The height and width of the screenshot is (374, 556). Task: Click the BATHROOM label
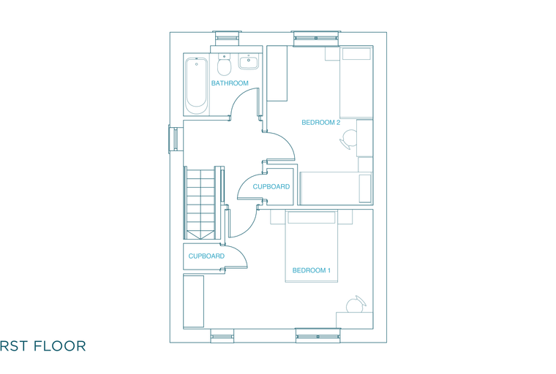click(x=230, y=83)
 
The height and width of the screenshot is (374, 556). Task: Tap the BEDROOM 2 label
click(x=321, y=123)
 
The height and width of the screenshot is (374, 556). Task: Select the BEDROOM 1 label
click(x=312, y=270)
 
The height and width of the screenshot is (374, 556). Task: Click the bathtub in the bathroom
click(x=197, y=85)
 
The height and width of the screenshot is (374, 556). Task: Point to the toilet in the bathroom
click(x=224, y=64)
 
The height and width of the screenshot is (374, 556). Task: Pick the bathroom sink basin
click(x=249, y=61)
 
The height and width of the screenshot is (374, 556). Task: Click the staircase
click(x=200, y=203)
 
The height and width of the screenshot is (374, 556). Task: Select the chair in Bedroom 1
click(x=356, y=305)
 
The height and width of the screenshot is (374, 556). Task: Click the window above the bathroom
click(x=227, y=37)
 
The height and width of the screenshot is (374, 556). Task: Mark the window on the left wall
click(x=174, y=140)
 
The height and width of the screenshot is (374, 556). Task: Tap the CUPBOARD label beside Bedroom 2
click(x=271, y=187)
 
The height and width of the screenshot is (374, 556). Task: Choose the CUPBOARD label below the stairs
click(x=206, y=256)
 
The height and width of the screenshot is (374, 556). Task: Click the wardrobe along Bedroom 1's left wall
click(x=194, y=302)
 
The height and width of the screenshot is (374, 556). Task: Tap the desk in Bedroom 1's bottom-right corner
click(x=354, y=320)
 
